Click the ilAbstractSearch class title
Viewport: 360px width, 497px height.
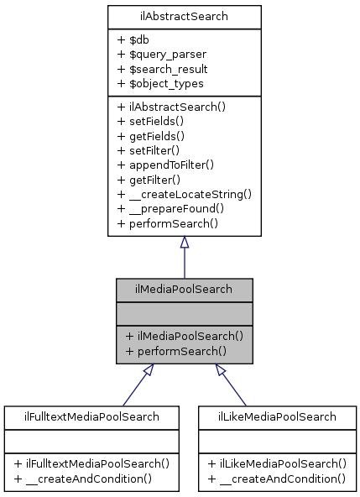click(x=184, y=17)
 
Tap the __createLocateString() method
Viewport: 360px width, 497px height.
click(x=185, y=193)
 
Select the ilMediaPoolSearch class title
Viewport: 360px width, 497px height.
click(x=184, y=289)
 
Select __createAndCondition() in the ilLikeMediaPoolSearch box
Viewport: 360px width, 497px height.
click(x=277, y=478)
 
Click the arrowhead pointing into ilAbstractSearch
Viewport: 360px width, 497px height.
click(x=184, y=243)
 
